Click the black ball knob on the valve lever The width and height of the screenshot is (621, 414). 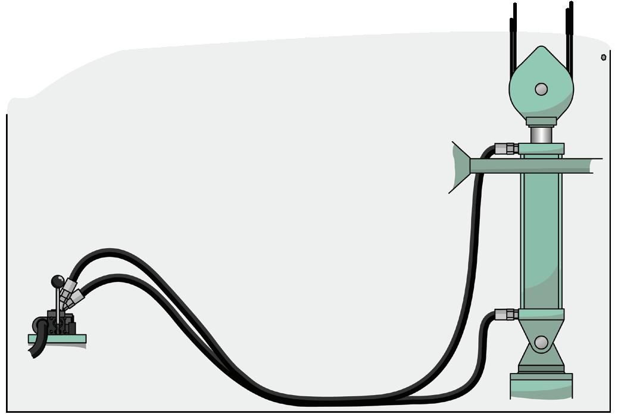point(58,281)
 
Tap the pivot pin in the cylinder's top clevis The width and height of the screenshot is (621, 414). point(541,89)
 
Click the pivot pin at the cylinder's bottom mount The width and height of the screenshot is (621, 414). point(541,343)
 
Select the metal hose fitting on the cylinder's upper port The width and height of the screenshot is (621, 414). point(507,148)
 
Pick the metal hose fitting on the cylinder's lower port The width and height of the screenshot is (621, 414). point(507,314)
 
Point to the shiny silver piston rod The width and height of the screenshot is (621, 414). point(541,134)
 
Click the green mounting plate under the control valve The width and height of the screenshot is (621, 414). point(57,339)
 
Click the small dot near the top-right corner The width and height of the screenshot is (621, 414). point(603,58)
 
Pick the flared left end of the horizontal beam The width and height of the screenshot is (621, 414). point(460,167)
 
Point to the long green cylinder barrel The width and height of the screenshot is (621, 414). point(541,238)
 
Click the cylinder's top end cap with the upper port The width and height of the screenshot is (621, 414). point(541,149)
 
